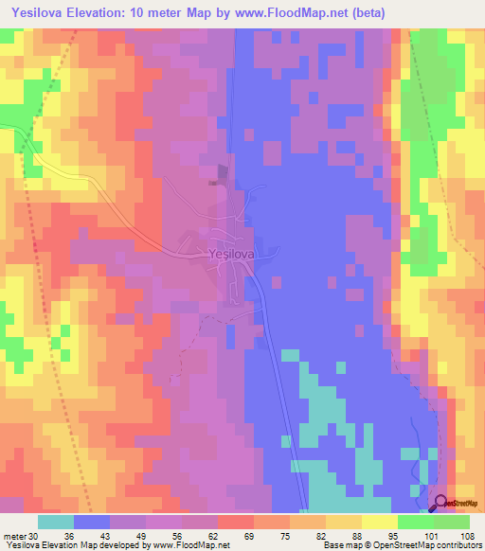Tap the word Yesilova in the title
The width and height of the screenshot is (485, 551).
point(37,11)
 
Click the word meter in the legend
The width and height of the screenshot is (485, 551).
point(14,536)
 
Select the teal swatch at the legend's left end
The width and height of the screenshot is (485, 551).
point(55,522)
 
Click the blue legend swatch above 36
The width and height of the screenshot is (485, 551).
point(91,522)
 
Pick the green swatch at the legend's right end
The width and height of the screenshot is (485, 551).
point(452,522)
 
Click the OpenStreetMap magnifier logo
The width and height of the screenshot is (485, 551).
point(440,504)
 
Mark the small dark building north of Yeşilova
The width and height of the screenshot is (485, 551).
point(223,171)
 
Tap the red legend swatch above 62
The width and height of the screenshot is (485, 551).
point(236,522)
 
